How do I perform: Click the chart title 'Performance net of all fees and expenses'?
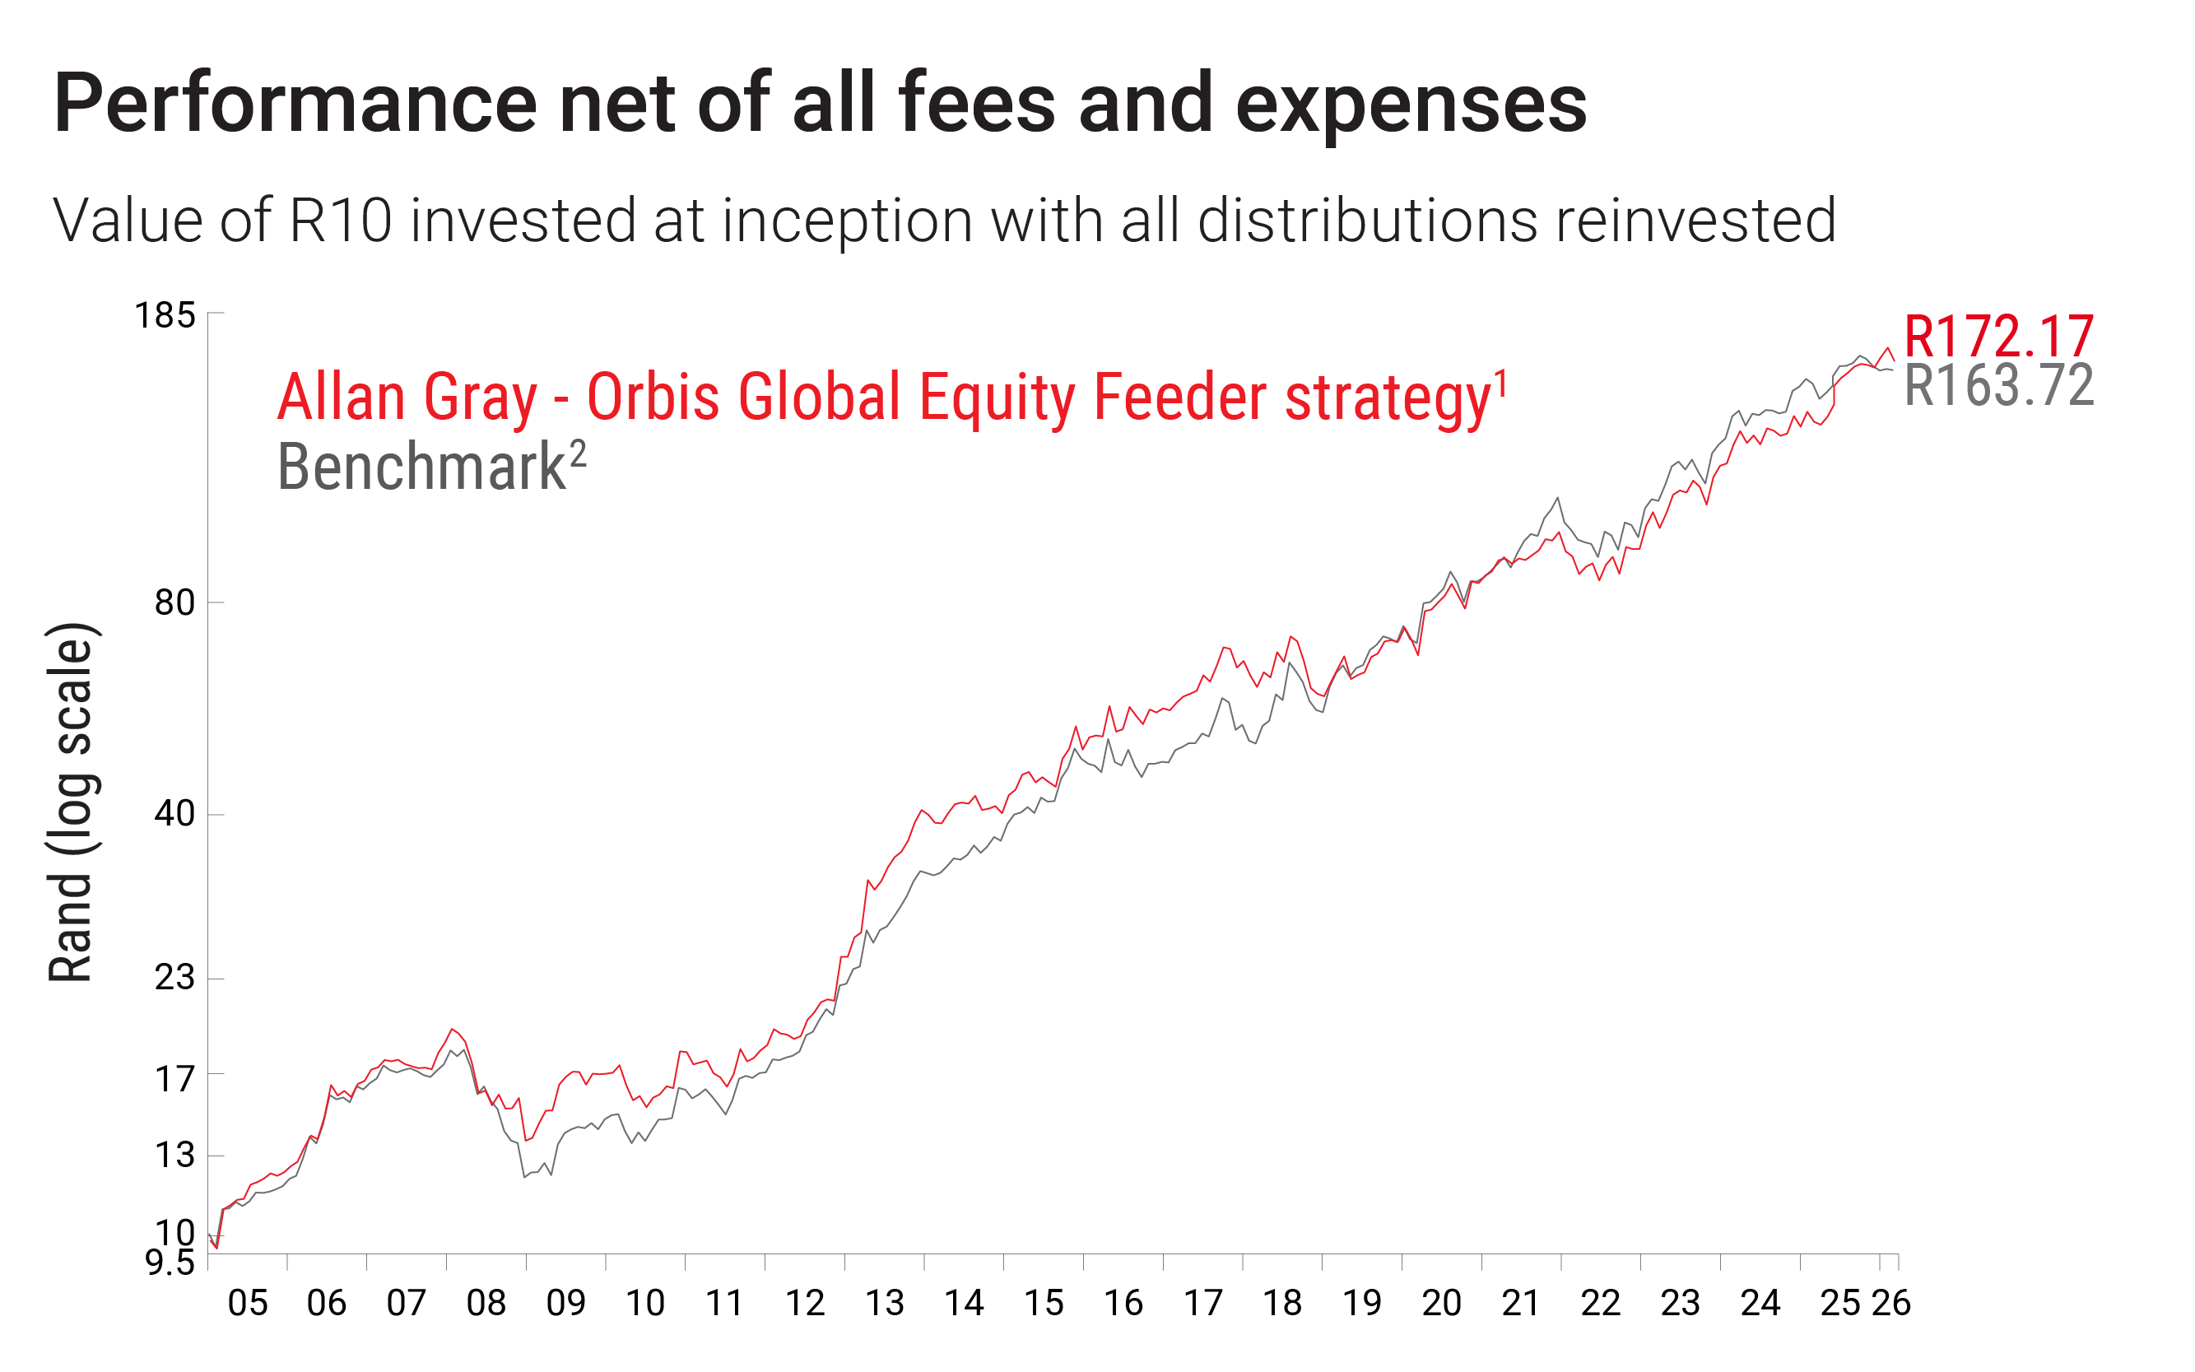coord(820,104)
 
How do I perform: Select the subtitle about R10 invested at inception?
coord(944,221)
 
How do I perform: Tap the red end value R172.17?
coord(1998,337)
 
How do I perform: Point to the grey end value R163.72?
coord(1998,386)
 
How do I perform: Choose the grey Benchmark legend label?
coord(431,467)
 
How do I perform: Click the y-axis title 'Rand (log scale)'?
coord(71,803)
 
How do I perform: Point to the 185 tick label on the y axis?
coord(165,316)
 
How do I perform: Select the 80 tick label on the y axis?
coord(175,602)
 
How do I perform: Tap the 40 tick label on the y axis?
coord(175,813)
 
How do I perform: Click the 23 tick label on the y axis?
coord(175,977)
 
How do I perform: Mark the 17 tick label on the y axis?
coord(175,1080)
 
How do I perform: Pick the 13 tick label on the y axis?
coord(175,1155)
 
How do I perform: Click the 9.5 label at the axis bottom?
coord(170,1263)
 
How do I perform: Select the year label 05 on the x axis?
coord(248,1304)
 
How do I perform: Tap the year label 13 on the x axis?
coord(885,1304)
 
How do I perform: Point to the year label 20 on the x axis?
coord(1442,1304)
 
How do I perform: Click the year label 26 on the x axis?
coord(1892,1304)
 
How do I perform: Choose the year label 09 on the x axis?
coord(566,1304)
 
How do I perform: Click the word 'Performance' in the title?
coord(295,104)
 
